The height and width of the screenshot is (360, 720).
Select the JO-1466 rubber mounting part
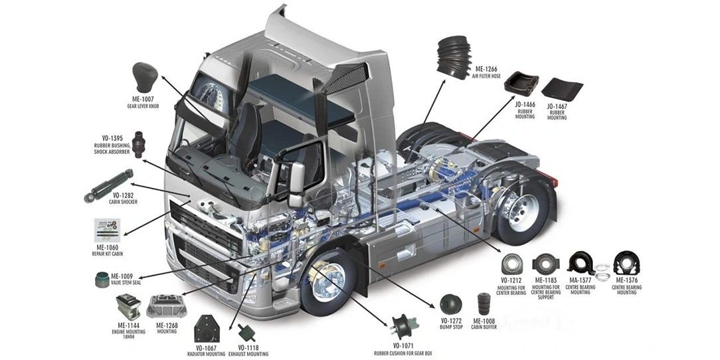(520, 86)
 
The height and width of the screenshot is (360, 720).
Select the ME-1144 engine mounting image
(128, 307)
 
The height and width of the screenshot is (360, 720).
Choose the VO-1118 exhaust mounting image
(250, 333)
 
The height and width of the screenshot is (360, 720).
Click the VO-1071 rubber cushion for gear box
(403, 327)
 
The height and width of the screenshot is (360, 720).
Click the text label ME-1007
(143, 100)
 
